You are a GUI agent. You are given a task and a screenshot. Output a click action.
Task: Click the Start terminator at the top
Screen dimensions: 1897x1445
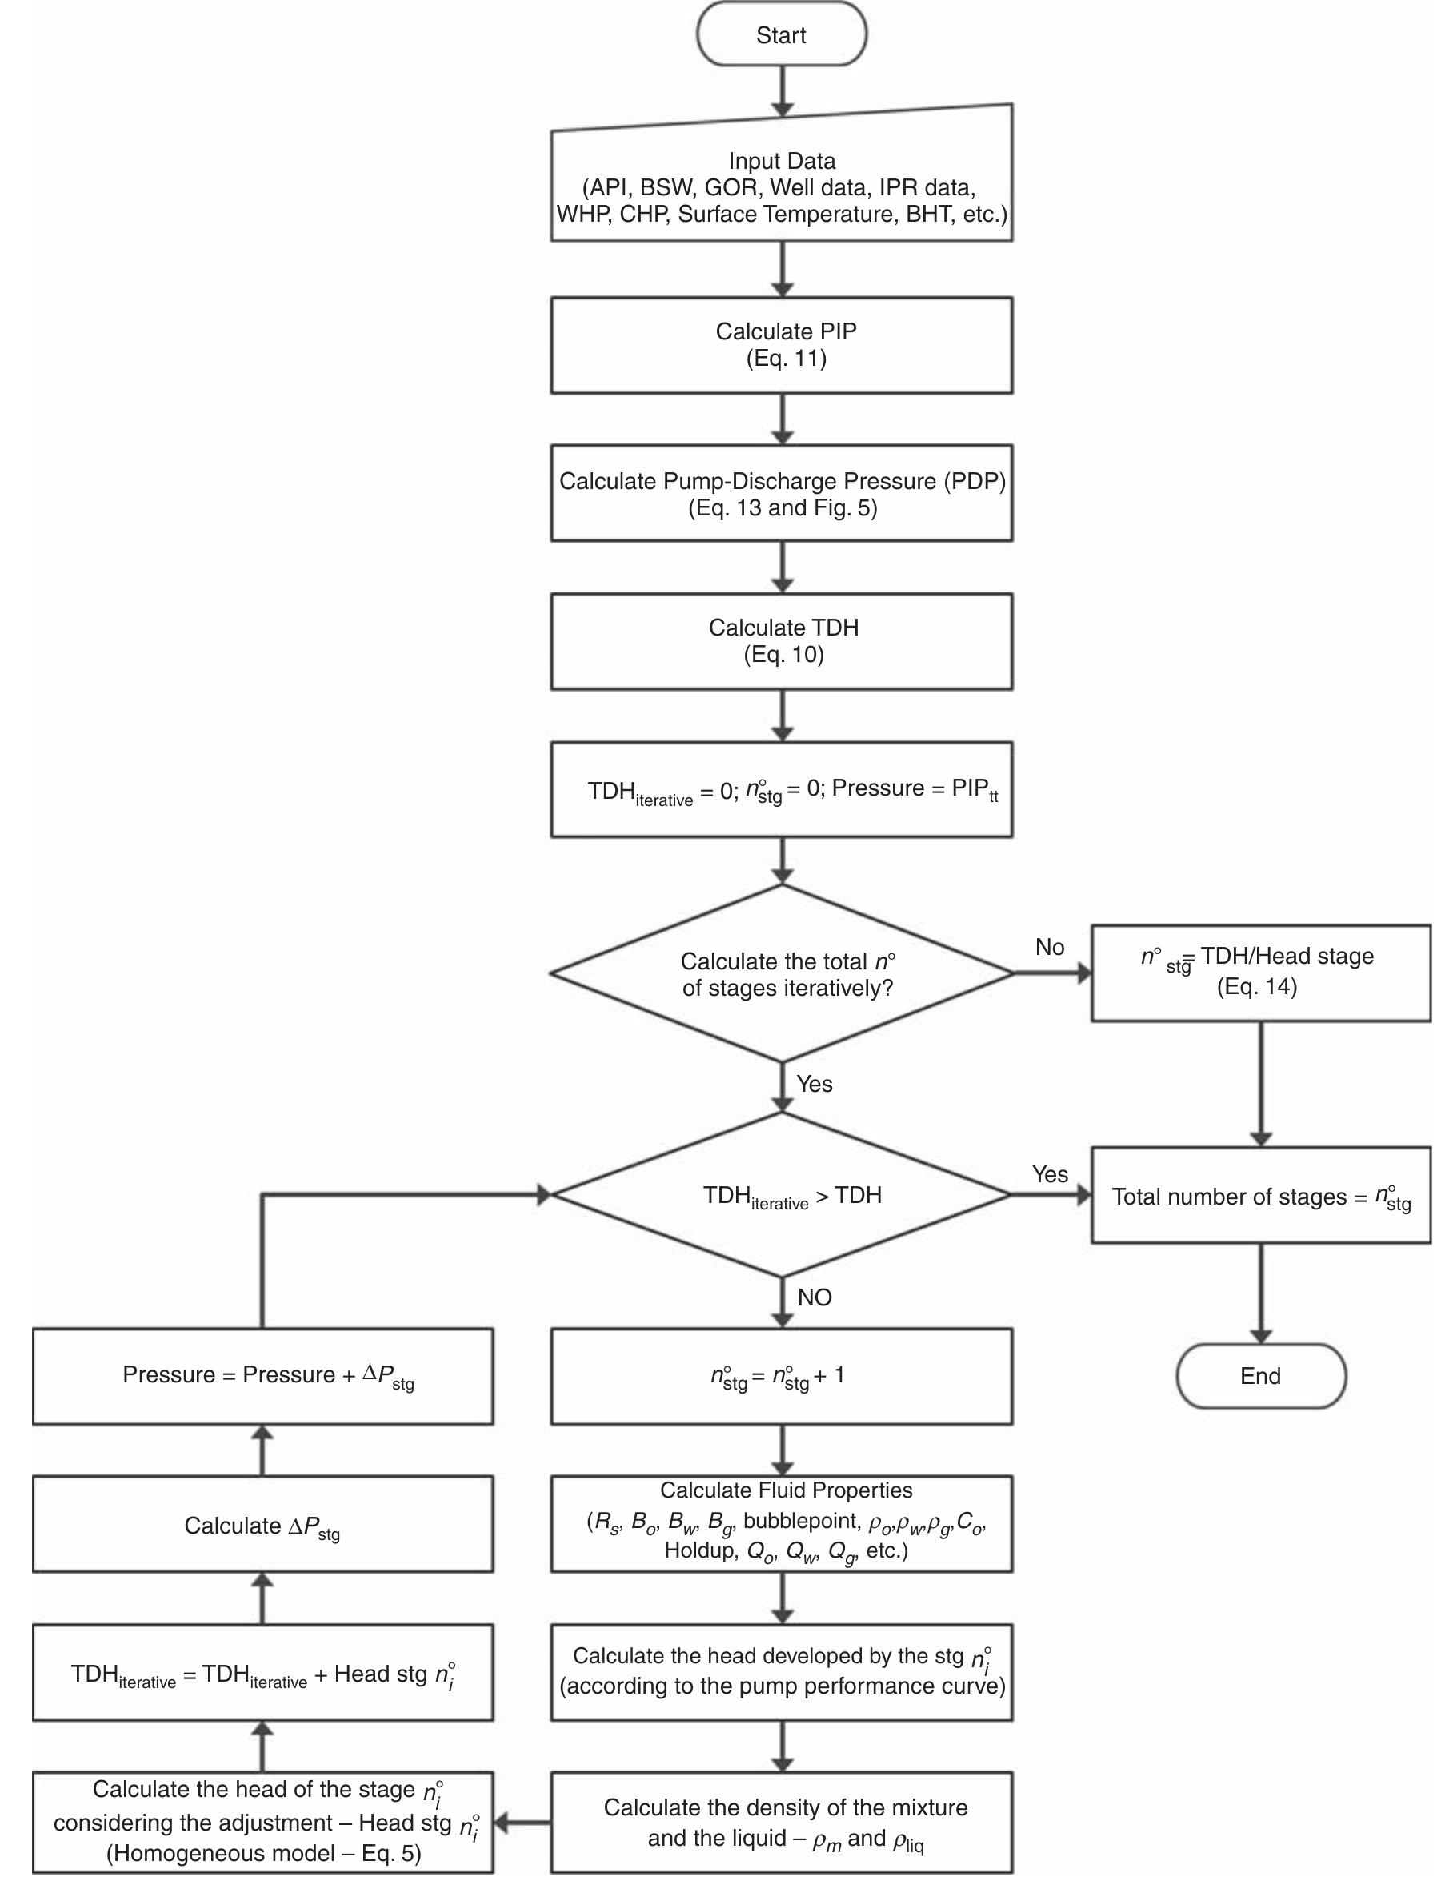781,34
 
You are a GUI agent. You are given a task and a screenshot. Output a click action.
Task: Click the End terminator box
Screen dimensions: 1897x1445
1260,1376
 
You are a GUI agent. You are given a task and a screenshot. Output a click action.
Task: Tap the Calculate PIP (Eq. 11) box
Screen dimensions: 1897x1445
781,345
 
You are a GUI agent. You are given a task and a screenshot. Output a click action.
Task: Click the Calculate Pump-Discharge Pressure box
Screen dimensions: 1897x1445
781,493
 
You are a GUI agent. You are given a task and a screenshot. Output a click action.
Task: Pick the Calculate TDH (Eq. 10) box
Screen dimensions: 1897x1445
781,641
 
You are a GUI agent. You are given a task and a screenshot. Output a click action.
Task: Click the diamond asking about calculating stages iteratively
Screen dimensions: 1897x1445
781,973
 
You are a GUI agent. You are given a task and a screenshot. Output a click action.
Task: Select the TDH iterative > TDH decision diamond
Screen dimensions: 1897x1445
781,1195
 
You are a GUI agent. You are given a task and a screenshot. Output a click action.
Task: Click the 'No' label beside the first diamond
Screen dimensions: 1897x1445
1050,947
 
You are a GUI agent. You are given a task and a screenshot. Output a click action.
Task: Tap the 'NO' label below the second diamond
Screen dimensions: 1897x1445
814,1297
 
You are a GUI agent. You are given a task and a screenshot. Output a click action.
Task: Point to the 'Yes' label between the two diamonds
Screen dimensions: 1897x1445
814,1084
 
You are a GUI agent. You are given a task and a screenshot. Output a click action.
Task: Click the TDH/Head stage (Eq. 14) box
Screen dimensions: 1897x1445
1260,973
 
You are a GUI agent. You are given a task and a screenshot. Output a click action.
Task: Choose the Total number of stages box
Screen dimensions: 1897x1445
1260,1195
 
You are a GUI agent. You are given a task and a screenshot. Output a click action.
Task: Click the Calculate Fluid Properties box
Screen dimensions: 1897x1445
781,1524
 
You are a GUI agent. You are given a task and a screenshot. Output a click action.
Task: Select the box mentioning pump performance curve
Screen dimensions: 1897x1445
781,1671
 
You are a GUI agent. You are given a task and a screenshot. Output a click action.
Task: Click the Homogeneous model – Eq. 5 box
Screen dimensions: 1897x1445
262,1821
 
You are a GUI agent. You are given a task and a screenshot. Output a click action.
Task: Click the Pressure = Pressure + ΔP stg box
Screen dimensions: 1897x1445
262,1376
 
